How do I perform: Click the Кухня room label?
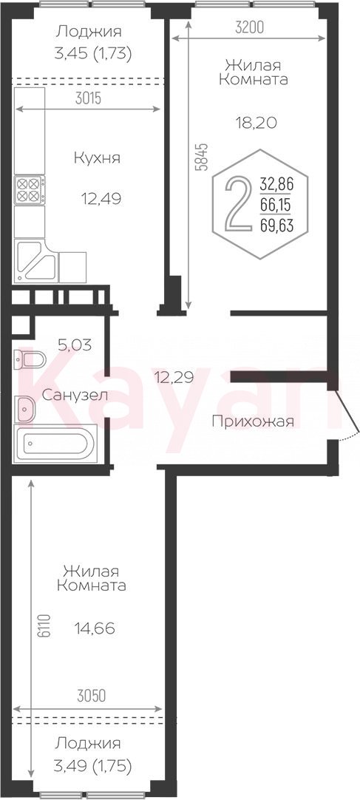[x=97, y=158]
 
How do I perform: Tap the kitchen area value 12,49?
[x=101, y=198]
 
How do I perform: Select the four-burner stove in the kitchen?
[x=30, y=190]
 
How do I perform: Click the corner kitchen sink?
[x=35, y=261]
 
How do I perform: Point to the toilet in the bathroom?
[x=30, y=359]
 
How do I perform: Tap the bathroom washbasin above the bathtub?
[x=24, y=410]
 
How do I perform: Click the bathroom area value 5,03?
[x=75, y=345]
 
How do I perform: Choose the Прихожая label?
[x=253, y=421]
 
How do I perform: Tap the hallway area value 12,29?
[x=174, y=378]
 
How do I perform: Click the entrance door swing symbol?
[x=347, y=413]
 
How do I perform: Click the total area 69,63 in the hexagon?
[x=277, y=226]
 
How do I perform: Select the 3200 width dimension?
[x=249, y=28]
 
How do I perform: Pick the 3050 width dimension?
[x=91, y=696]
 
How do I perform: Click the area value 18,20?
[x=256, y=123]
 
